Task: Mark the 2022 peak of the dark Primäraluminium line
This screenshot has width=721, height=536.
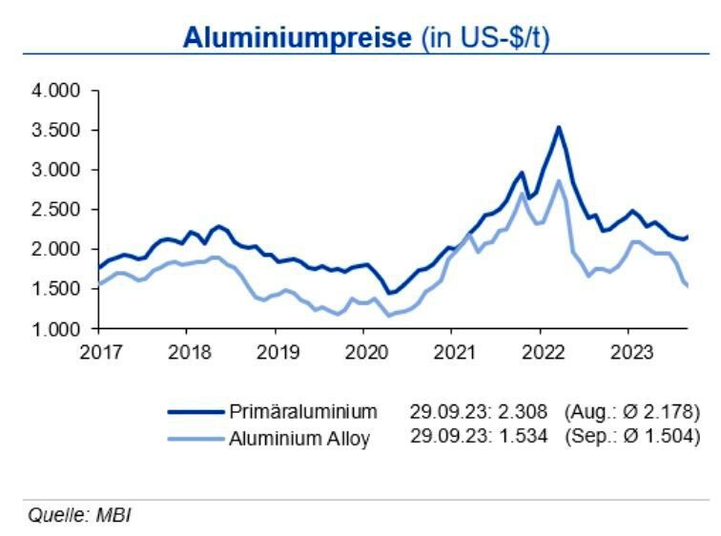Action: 559,127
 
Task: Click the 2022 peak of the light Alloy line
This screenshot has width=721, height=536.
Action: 558,180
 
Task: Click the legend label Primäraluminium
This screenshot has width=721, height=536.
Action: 303,412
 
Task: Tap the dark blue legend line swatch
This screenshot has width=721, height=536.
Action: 196,412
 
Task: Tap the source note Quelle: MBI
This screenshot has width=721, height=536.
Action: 79,516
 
